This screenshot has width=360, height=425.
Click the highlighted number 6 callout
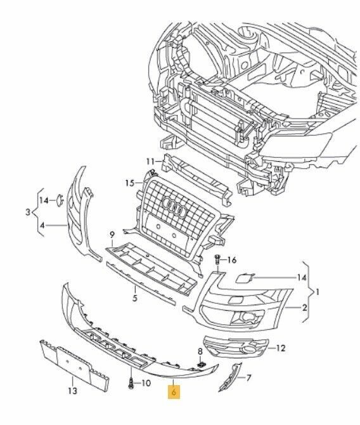point(174,392)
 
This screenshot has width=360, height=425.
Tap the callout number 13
point(72,391)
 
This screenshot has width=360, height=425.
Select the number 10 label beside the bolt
point(146,383)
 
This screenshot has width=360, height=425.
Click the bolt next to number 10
point(131,384)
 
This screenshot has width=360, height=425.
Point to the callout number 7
point(248,377)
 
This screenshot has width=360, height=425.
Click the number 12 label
point(281,348)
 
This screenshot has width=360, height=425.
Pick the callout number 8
point(200,351)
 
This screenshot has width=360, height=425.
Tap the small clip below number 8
point(200,365)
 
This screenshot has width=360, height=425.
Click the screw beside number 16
point(217,261)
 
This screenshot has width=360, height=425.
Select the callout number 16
point(231,260)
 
